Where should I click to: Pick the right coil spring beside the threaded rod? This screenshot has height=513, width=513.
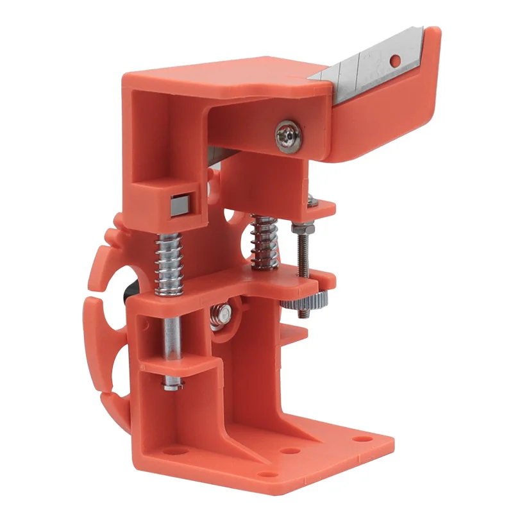(x=264, y=242)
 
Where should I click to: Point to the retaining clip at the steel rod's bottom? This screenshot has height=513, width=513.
(x=171, y=384)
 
